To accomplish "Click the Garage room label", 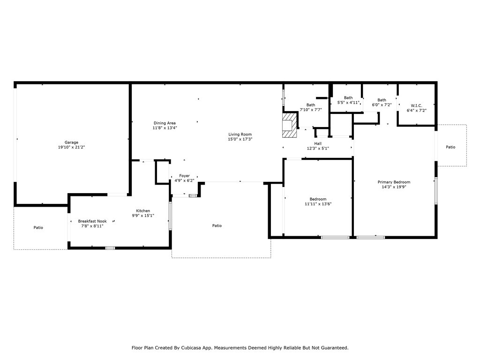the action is coord(71,142).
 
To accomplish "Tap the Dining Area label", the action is coord(165,123).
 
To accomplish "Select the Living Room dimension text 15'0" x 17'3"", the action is coord(240,139).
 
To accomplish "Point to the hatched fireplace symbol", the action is coord(290,125).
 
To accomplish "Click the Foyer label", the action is coord(184,176).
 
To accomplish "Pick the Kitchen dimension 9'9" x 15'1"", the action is coord(143,216).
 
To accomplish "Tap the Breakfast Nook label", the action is coord(92,221).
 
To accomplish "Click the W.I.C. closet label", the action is coord(416,105).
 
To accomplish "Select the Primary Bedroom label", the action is coord(394,182).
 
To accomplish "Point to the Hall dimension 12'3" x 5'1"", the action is coord(318,149).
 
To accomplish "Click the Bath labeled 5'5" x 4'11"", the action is coord(348,103).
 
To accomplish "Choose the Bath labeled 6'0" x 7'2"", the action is coord(382,105).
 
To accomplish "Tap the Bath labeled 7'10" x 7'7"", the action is coord(311,110).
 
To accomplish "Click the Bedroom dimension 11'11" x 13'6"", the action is coord(318,204).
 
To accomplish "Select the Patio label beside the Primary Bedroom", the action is coord(450,147).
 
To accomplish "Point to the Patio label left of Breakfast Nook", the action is coord(38,227).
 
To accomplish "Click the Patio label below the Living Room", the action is coord(217,225).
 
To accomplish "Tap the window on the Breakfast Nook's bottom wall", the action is coord(110,247).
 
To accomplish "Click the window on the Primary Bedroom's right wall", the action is coord(436,190).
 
